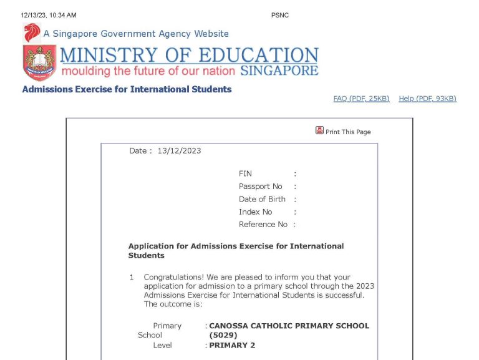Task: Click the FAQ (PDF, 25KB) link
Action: click(361, 99)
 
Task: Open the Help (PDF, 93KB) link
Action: click(427, 99)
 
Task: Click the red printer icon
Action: click(319, 130)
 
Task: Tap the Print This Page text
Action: click(348, 132)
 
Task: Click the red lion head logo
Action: click(31, 32)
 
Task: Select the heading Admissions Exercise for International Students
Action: click(127, 89)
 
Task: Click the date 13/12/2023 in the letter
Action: click(179, 150)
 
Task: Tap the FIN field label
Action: click(245, 173)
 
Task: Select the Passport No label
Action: click(260, 186)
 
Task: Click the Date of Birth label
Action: click(262, 199)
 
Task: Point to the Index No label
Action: click(255, 212)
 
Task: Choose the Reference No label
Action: click(263, 224)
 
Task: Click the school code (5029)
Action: click(223, 335)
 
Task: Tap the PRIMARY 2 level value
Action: click(232, 345)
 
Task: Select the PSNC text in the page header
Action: click(280, 15)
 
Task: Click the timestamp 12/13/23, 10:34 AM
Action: click(48, 15)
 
